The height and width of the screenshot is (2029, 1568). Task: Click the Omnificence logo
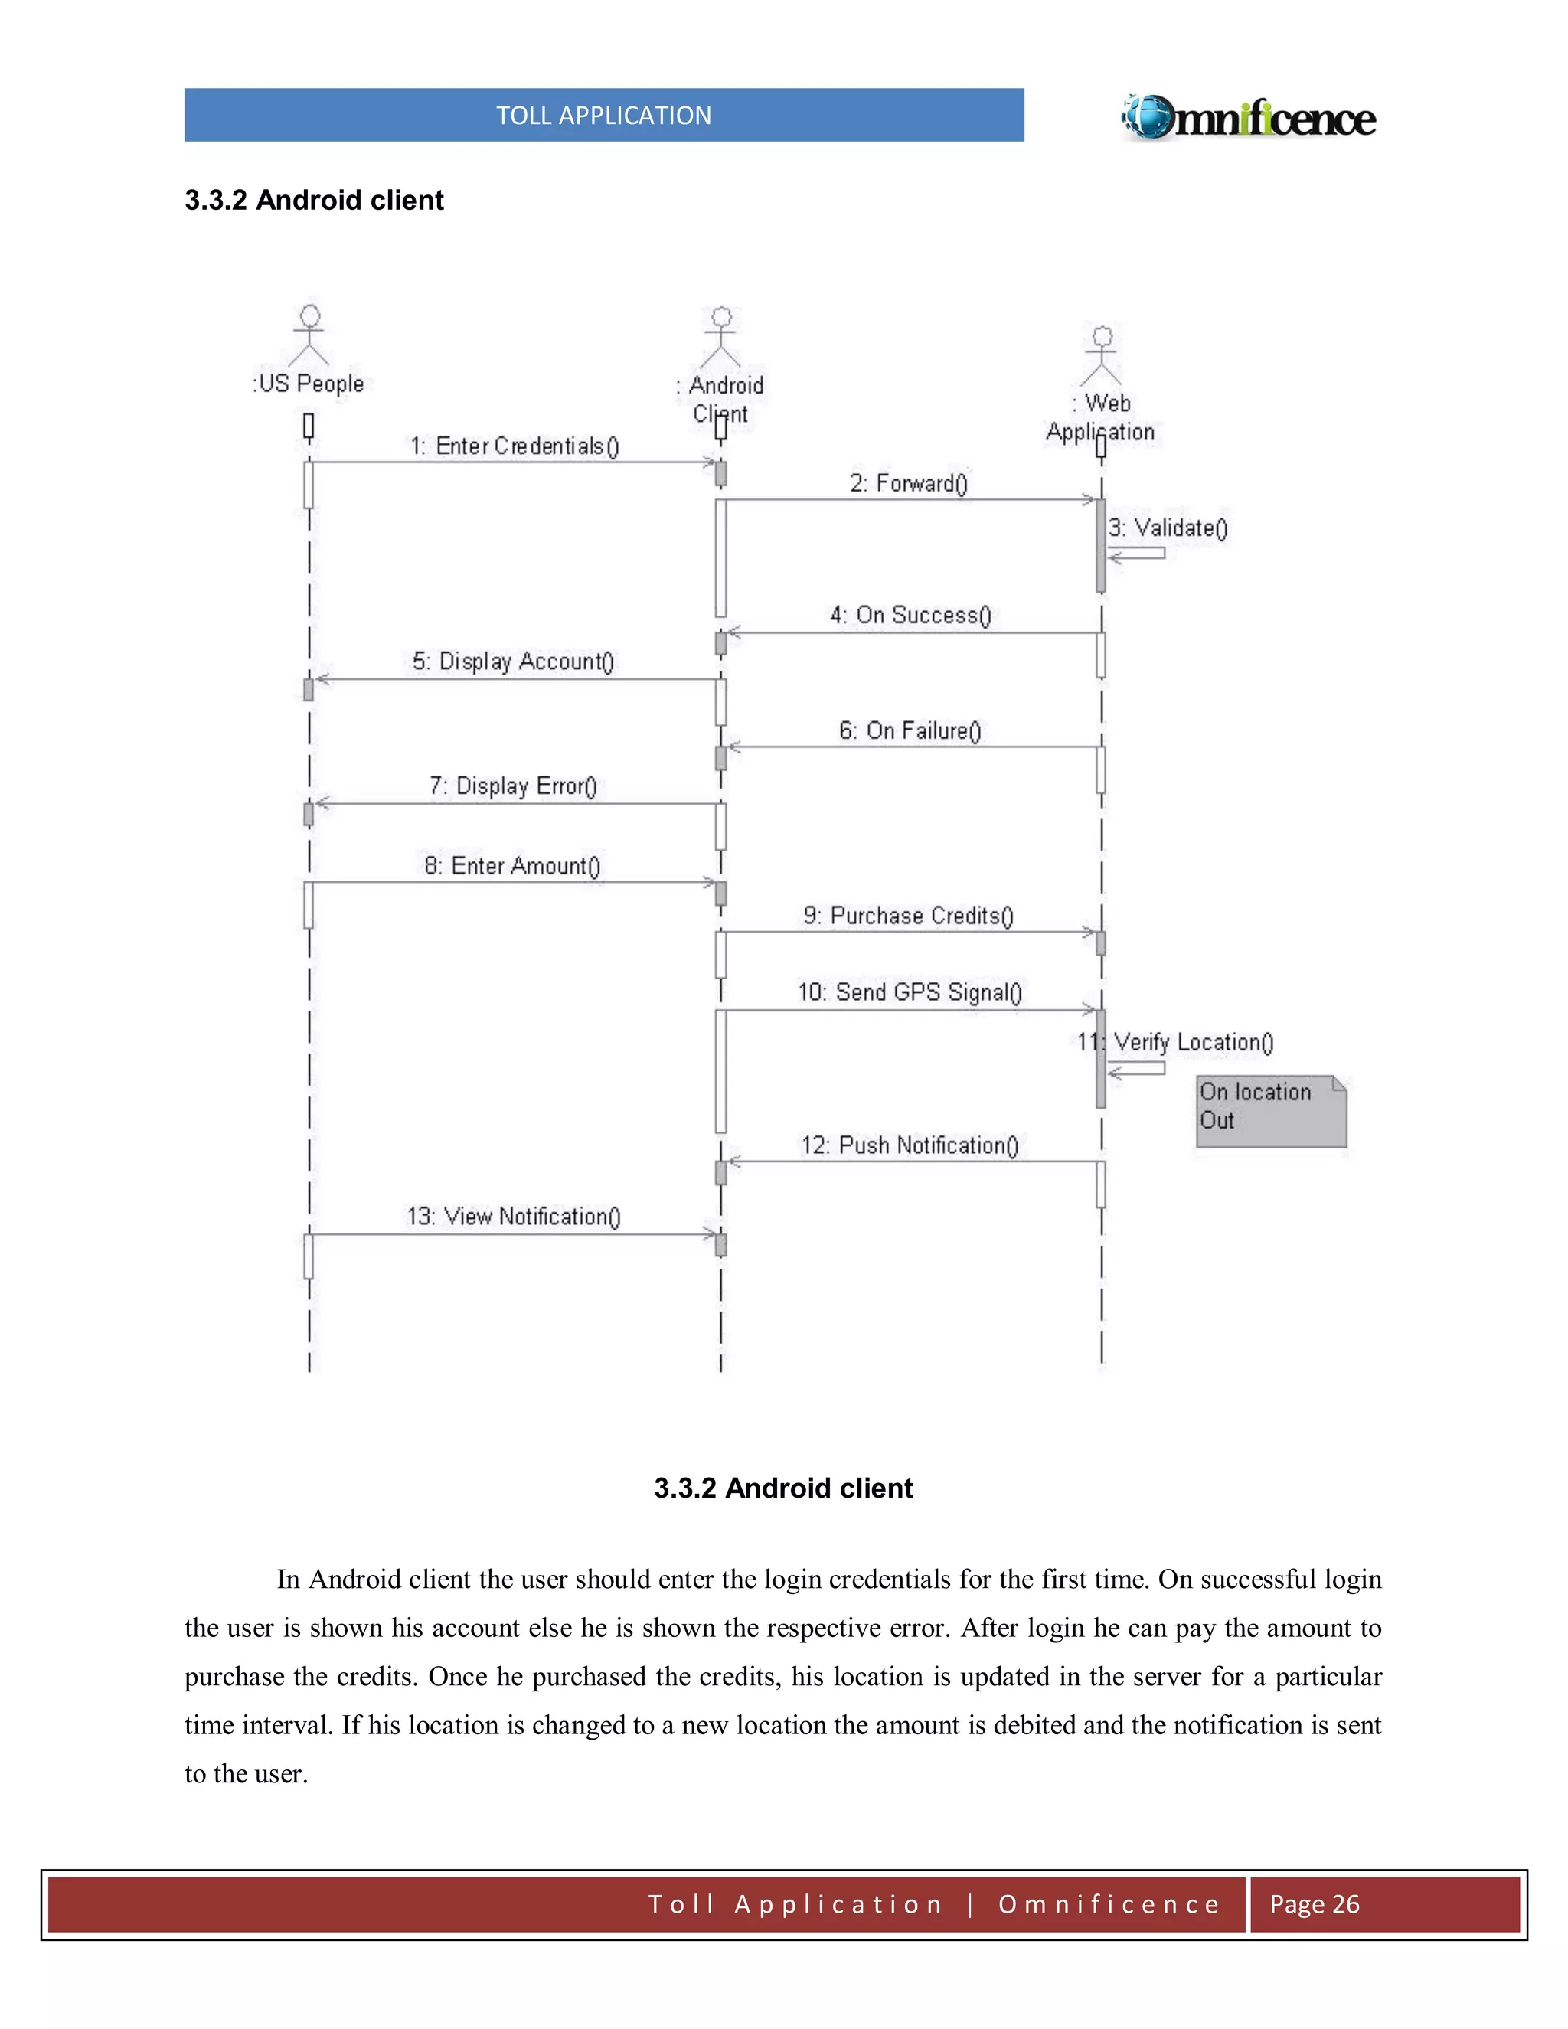coord(1249,118)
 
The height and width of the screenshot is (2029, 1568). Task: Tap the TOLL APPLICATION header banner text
coord(604,115)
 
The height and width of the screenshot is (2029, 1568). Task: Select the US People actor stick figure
coord(309,335)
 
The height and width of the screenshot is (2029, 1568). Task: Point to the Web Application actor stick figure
coord(1102,356)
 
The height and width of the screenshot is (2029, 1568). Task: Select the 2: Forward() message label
coord(909,484)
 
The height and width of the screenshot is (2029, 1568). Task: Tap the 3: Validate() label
coord(1168,528)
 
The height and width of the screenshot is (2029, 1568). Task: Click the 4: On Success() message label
coord(910,615)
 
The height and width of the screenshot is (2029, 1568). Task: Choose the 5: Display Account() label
coord(513,662)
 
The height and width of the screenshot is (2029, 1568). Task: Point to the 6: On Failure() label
coord(910,731)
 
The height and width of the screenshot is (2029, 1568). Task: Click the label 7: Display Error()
coord(513,787)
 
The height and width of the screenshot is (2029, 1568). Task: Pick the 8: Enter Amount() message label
coord(513,867)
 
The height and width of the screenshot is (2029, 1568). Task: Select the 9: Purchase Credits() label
coord(909,916)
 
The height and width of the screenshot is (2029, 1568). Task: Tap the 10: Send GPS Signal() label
coord(910,993)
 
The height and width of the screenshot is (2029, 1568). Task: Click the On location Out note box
coord(1270,1111)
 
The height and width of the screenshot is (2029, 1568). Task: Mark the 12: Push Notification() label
coord(910,1145)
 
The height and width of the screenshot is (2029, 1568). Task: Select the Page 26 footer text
coord(1314,1904)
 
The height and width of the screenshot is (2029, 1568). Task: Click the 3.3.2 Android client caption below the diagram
coord(783,1488)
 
